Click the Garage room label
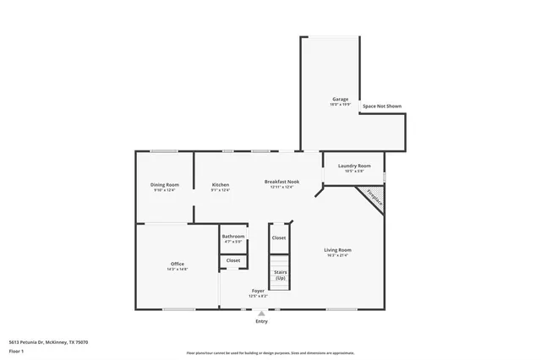click(x=339, y=100)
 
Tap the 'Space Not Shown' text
click(x=381, y=106)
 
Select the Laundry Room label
click(x=353, y=166)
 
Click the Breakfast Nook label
click(x=281, y=182)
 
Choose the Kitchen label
click(x=221, y=184)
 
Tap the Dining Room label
click(x=165, y=184)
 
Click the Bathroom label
click(x=233, y=236)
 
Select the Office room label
click(x=178, y=264)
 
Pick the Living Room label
click(x=338, y=249)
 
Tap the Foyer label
click(x=258, y=291)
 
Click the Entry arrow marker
click(x=261, y=312)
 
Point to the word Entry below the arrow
click(x=261, y=321)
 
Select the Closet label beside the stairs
click(x=279, y=237)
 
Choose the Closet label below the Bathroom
click(x=233, y=260)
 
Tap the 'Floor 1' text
click(x=16, y=350)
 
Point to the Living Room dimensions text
click(x=338, y=255)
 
